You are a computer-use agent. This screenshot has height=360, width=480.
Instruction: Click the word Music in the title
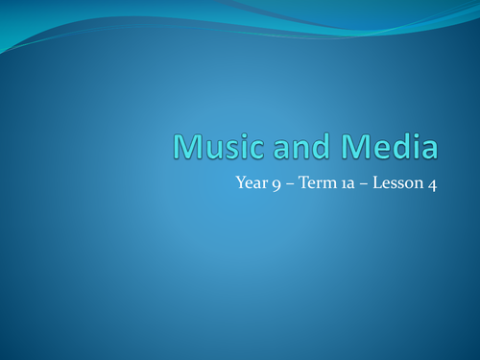coord(215,147)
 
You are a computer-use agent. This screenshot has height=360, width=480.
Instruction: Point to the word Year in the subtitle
coord(251,185)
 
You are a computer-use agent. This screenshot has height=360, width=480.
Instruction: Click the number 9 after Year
coord(276,186)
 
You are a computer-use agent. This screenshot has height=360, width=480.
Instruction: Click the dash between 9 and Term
coord(290,186)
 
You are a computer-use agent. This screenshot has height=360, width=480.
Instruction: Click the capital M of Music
coord(187,147)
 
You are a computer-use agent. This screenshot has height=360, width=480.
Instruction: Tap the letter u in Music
coord(212,149)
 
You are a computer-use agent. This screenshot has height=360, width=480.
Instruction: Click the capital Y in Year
coord(240,185)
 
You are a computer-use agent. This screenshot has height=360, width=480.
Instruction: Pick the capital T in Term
coord(306,185)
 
